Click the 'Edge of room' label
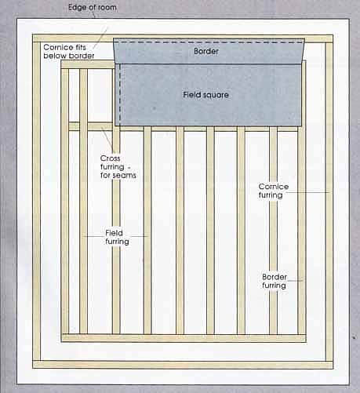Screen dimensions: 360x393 click(x=93, y=7)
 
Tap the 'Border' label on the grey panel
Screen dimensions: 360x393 click(x=206, y=51)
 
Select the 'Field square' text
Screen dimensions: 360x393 click(x=205, y=95)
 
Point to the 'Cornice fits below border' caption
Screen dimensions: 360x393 click(x=69, y=52)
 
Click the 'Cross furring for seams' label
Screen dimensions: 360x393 click(x=118, y=167)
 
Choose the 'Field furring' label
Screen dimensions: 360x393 click(x=117, y=237)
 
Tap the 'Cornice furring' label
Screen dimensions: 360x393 click(x=274, y=191)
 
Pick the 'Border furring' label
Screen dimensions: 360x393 click(x=275, y=281)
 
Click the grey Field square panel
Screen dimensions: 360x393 click(x=209, y=95)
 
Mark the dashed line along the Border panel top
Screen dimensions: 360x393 click(x=209, y=42)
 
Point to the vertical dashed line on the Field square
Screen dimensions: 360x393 click(x=120, y=95)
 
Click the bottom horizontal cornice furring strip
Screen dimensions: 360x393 click(x=183, y=365)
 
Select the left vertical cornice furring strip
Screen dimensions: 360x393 click(x=37, y=202)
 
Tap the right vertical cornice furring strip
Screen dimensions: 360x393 click(x=329, y=202)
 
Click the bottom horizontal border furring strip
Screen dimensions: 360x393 click(x=184, y=338)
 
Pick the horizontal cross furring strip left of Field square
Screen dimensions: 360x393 click(x=91, y=126)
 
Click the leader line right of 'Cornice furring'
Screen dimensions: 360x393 click(x=308, y=193)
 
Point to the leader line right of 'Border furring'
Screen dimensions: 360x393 click(x=295, y=281)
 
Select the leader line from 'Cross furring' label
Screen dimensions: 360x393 click(x=107, y=140)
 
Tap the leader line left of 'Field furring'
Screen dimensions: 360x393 click(x=94, y=236)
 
